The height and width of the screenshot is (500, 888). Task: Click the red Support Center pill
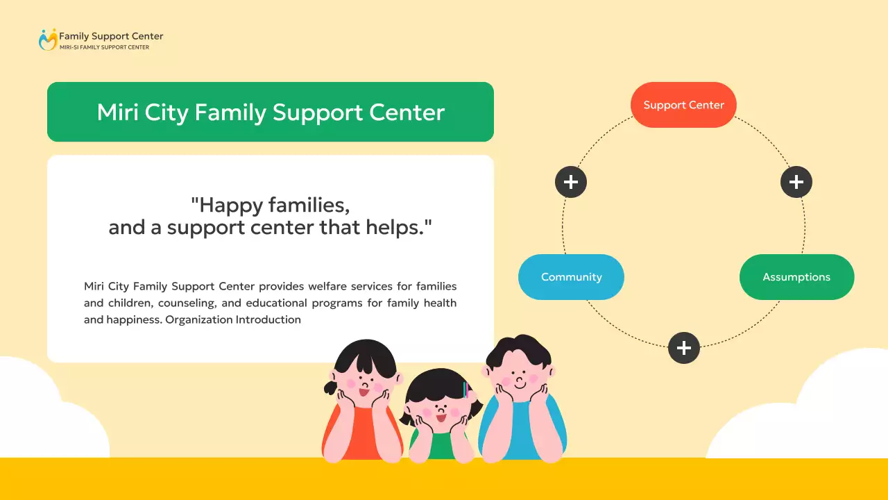point(683,105)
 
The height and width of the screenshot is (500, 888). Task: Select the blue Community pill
point(571,277)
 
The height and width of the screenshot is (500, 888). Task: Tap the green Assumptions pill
point(796,277)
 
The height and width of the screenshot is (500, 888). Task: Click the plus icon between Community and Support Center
point(571,182)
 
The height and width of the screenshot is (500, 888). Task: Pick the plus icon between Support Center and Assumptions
point(796,182)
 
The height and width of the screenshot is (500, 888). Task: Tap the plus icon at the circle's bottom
point(684,348)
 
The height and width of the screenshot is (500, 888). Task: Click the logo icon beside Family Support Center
point(47,40)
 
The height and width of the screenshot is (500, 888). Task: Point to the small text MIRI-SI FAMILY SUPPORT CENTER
point(104,47)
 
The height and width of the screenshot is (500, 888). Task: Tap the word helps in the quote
point(395,227)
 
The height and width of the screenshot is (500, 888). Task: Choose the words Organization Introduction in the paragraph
point(233,320)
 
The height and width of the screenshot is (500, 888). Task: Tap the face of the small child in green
point(439,406)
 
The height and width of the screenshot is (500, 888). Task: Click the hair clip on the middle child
point(465,390)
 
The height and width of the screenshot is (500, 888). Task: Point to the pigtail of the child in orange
point(330,386)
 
